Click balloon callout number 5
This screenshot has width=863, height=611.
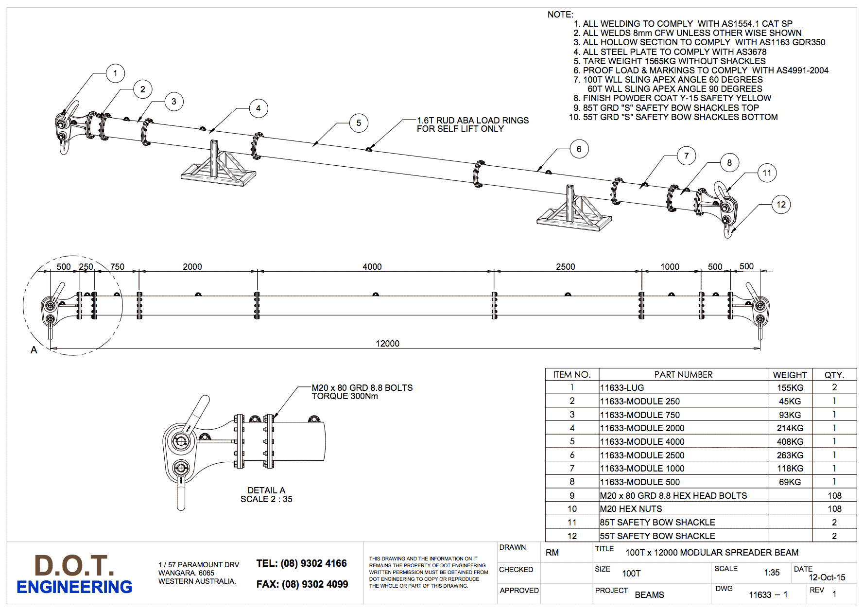click(359, 123)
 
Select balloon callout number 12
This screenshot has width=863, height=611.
click(781, 205)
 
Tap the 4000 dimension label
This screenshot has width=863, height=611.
click(372, 267)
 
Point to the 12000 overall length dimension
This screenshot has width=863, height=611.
click(387, 344)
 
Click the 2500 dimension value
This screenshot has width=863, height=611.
click(565, 267)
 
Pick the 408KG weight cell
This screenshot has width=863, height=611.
click(790, 442)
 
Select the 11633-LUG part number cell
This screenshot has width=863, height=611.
click(622, 388)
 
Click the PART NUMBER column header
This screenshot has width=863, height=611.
click(683, 375)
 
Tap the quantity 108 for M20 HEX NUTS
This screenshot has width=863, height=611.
click(834, 509)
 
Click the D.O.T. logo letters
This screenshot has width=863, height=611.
click(74, 565)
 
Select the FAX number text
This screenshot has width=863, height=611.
click(302, 584)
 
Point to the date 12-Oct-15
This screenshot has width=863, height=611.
click(827, 577)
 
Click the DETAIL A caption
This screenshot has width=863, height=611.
click(266, 490)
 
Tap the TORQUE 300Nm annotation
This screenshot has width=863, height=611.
click(345, 396)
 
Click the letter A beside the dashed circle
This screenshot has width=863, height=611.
click(34, 350)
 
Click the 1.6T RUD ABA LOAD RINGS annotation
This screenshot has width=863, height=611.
click(472, 121)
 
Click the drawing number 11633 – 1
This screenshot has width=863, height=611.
click(768, 595)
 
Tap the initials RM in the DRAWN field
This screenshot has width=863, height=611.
click(552, 553)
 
